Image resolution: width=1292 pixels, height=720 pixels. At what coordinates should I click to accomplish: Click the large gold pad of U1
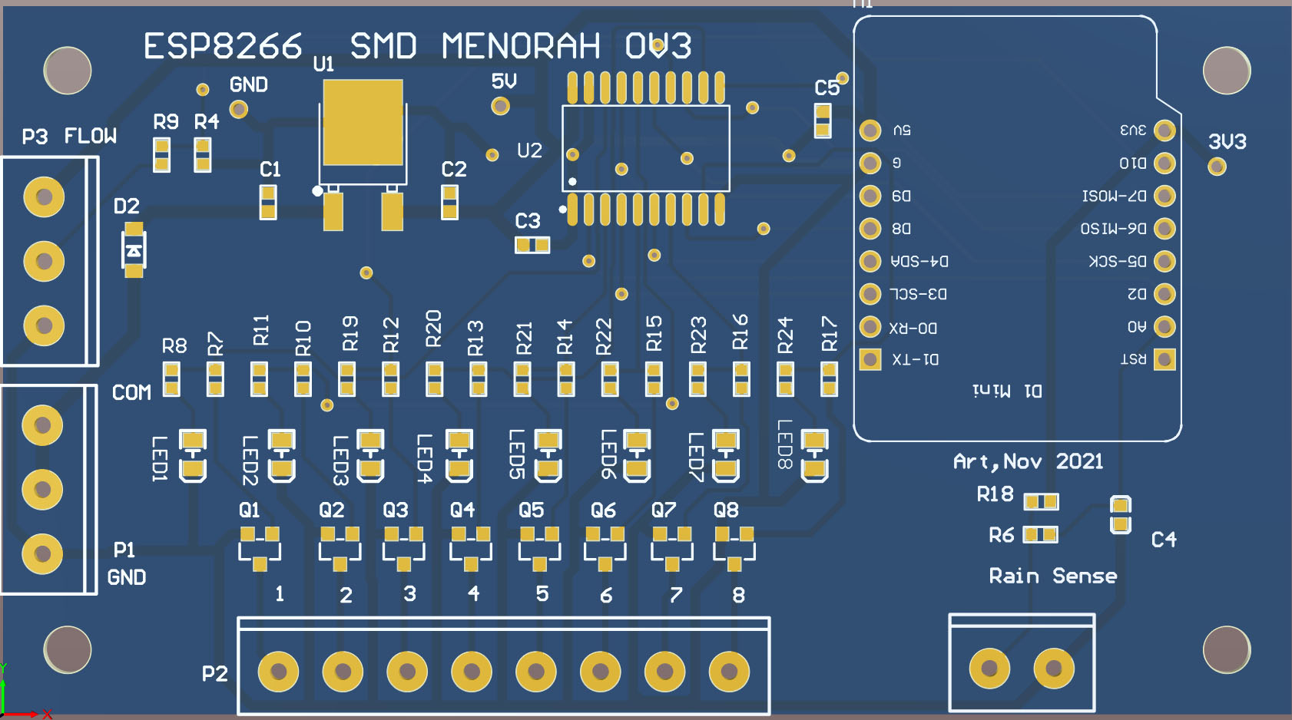click(363, 122)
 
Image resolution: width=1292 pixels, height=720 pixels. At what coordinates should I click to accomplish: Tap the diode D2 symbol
click(134, 250)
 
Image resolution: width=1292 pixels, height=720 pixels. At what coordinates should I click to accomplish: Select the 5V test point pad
click(500, 106)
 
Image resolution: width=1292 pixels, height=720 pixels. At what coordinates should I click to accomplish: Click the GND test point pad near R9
click(239, 110)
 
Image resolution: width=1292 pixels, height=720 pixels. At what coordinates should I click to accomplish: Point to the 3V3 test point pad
click(1217, 167)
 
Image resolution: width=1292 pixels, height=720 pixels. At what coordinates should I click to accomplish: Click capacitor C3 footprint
click(532, 245)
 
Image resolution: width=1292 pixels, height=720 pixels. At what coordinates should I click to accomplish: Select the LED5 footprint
click(548, 454)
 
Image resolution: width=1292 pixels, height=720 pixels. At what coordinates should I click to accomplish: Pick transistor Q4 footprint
click(470, 547)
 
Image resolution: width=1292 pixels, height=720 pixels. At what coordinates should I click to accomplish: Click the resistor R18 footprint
click(1041, 502)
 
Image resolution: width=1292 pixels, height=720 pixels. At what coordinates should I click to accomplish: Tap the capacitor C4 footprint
click(1121, 514)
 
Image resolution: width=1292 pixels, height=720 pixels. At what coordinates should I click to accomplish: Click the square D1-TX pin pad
click(870, 359)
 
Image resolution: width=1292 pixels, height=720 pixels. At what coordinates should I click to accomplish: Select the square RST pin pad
click(1164, 359)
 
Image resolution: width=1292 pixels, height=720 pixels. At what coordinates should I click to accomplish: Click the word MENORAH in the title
click(521, 46)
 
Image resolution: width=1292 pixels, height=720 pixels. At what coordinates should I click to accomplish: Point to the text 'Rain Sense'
click(1052, 576)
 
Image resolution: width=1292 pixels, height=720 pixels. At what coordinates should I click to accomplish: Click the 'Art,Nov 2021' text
click(1028, 461)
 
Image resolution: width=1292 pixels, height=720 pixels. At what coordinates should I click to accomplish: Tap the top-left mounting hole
click(68, 71)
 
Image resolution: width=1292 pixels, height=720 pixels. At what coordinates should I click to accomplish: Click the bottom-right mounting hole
click(1226, 649)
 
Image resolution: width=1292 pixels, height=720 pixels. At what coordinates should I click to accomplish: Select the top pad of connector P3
click(44, 197)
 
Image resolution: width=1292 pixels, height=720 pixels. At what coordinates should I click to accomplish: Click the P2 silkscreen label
click(215, 674)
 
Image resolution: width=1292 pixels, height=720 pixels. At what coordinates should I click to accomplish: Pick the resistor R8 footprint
click(171, 379)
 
